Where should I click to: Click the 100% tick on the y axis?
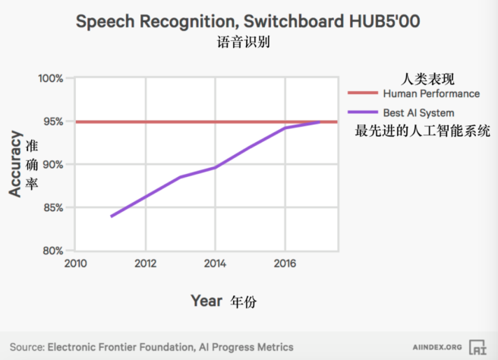point(51,79)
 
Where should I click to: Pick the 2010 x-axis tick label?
point(75,264)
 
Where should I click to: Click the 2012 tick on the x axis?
point(145,264)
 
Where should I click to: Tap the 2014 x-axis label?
point(216,264)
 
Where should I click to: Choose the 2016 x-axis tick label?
point(285,264)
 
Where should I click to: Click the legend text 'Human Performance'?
point(431,94)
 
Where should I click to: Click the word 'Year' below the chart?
point(206,301)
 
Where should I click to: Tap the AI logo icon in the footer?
point(478,347)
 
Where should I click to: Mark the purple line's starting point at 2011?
point(111,216)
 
